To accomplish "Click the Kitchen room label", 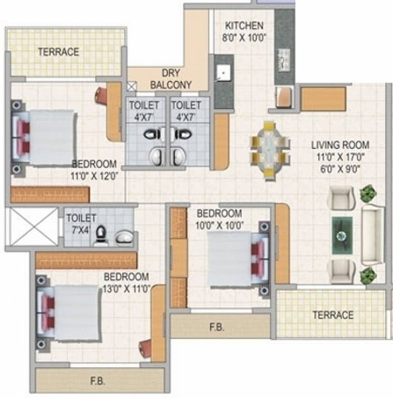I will pyautogui.click(x=244, y=25).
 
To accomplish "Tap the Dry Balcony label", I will pyautogui.click(x=170, y=79).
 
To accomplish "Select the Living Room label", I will pyautogui.click(x=340, y=145).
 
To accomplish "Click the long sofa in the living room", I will pyautogui.click(x=373, y=235).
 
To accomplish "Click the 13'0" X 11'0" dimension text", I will pyautogui.click(x=126, y=289).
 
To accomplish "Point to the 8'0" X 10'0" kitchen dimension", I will pyautogui.click(x=244, y=38).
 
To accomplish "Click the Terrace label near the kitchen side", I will pyautogui.click(x=59, y=52).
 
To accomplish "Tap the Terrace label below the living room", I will pyautogui.click(x=333, y=315).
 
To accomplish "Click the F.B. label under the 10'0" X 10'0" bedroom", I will pyautogui.click(x=217, y=328).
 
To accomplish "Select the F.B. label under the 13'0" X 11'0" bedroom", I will pyautogui.click(x=97, y=381).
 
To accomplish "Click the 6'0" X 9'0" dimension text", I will pyautogui.click(x=340, y=167).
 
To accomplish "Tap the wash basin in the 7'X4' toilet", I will pyautogui.click(x=124, y=237).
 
